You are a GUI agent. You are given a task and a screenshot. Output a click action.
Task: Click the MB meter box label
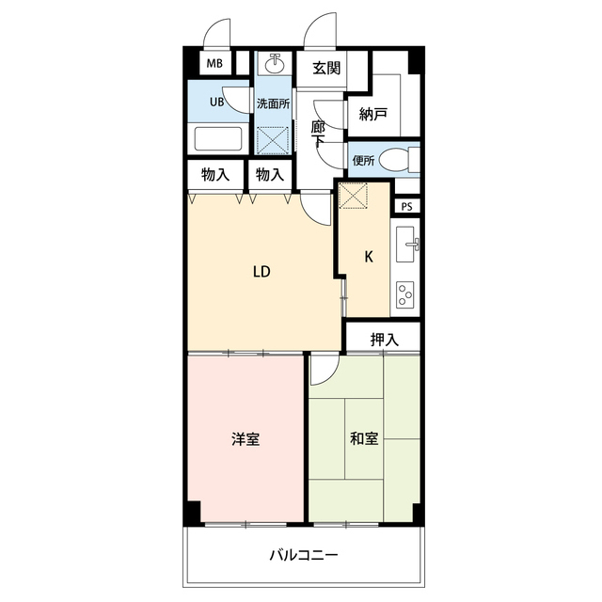pos(214,64)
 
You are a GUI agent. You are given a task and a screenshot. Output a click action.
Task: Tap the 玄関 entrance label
pos(326,67)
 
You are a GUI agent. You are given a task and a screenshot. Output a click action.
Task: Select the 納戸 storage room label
pos(373,114)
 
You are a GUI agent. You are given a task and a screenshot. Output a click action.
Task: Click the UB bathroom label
pos(216,103)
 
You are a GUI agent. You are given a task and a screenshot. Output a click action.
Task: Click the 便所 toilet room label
pos(364,160)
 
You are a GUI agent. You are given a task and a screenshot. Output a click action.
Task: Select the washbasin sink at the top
pos(276,65)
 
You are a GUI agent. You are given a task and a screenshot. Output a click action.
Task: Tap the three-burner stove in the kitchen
pos(406,294)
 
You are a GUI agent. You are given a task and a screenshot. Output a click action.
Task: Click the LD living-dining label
pos(261,273)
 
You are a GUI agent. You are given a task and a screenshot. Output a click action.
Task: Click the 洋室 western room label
pos(246,438)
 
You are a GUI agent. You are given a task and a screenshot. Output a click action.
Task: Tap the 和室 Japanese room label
pos(364,438)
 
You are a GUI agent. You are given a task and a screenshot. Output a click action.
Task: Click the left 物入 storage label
pos(216,175)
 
